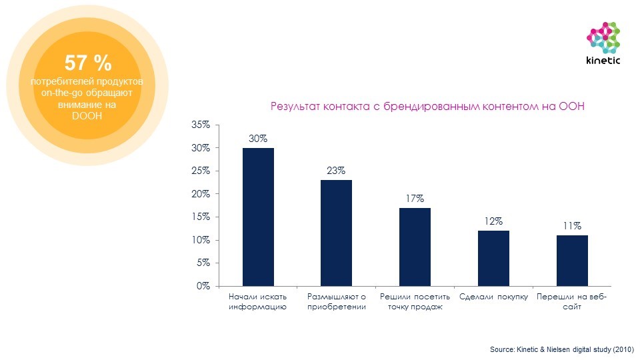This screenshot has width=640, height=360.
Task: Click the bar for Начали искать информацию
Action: click(258, 217)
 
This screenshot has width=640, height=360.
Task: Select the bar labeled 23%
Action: click(336, 233)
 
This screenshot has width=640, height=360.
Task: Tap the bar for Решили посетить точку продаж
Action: click(415, 247)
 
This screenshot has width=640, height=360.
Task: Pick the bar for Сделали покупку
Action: click(493, 258)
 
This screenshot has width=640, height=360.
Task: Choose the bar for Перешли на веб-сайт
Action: click(572, 261)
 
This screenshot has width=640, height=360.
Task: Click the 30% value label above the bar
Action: click(258, 139)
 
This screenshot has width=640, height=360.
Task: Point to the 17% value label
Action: click(415, 199)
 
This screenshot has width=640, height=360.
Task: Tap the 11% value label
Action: click(572, 226)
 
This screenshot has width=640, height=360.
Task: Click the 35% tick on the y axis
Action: click(200, 125)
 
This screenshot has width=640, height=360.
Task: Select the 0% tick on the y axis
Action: click(203, 286)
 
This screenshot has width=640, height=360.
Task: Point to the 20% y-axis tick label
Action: click(200, 194)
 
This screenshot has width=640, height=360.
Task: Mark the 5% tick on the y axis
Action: click(203, 263)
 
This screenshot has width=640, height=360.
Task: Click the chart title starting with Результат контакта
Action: click(427, 107)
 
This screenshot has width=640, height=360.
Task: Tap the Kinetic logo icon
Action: click(603, 37)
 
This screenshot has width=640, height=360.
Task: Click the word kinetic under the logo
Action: click(603, 61)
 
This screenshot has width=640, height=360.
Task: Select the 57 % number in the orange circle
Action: click(88, 63)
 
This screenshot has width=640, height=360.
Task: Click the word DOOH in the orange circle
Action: click(87, 115)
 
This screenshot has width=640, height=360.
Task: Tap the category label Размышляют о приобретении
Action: click(337, 301)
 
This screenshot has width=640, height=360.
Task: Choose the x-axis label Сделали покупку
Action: click(494, 297)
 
